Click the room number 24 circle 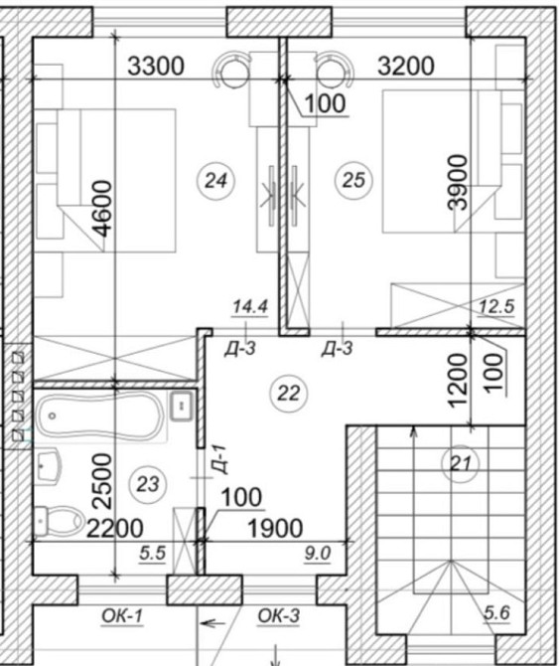tap(215, 181)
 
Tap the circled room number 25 tap(353, 180)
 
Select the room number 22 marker tap(288, 394)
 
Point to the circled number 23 tap(148, 484)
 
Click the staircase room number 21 tap(461, 463)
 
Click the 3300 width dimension tap(156, 67)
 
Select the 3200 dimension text tap(406, 66)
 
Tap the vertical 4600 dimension tap(103, 208)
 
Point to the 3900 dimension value tap(458, 183)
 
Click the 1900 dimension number tap(275, 529)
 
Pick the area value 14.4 tap(250, 307)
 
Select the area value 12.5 tap(496, 306)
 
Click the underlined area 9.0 tap(318, 554)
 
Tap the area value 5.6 tap(497, 613)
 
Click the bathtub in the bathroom tap(100, 416)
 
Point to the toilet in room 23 tap(60, 520)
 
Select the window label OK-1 tap(122, 616)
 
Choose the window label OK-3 tap(279, 615)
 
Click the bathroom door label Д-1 tap(220, 459)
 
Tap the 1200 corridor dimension tap(459, 381)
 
